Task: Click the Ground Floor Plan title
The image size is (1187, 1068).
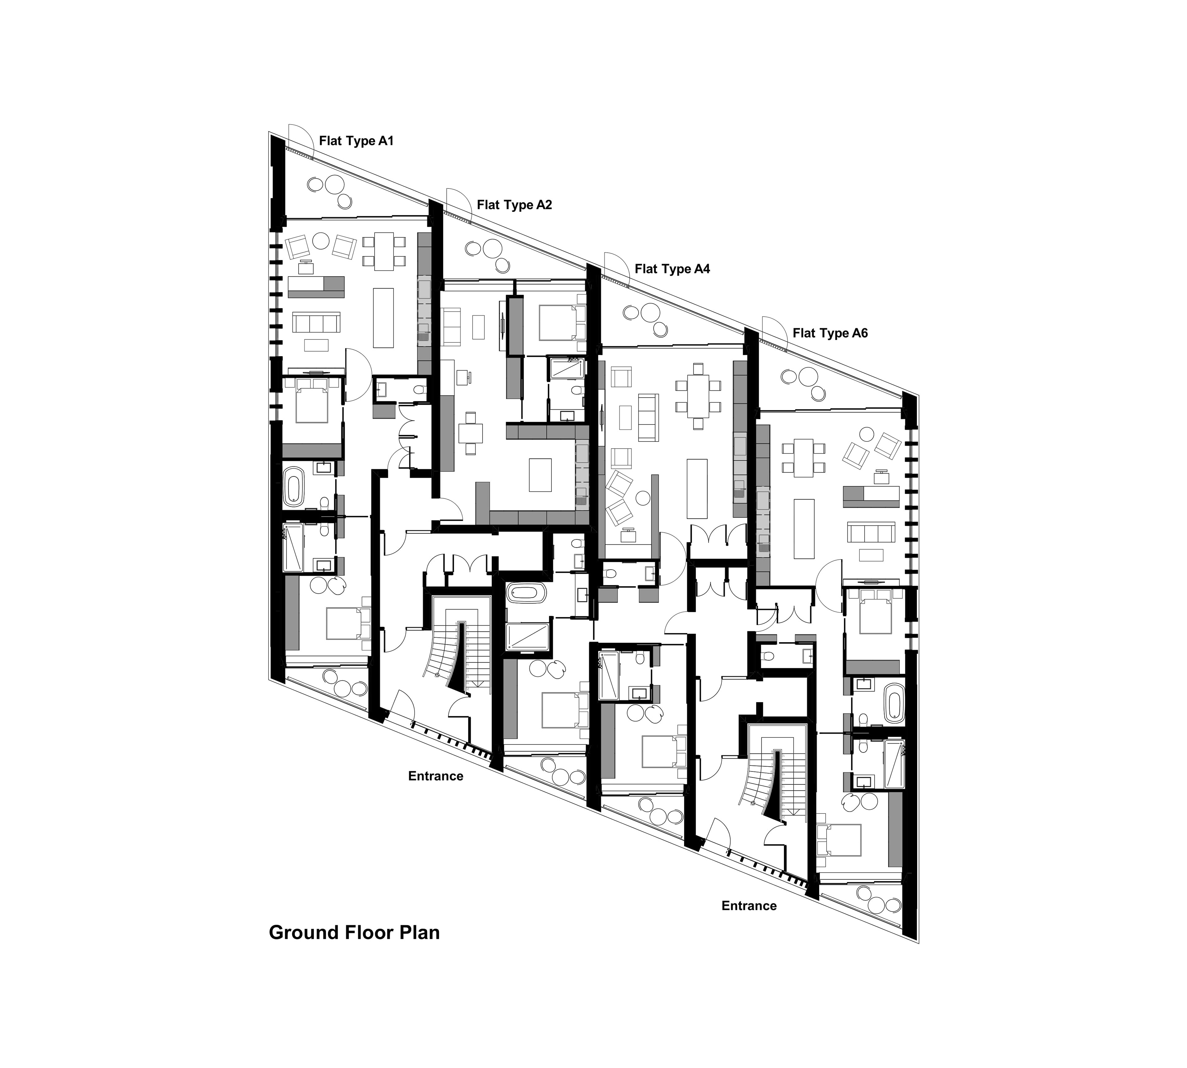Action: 354,932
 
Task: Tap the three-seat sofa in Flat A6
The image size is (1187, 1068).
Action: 870,533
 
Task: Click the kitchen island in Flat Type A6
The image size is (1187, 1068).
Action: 804,529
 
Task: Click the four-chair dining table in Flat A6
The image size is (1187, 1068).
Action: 804,458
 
